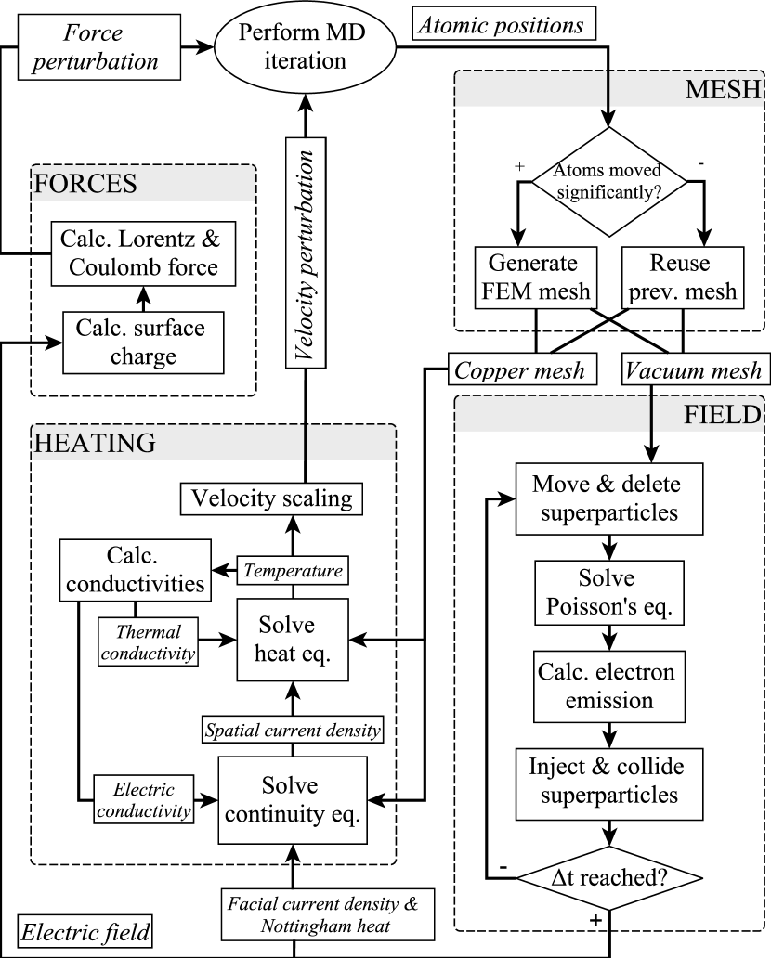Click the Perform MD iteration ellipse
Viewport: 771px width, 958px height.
[x=305, y=46]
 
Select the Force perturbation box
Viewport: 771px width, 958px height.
[x=99, y=47]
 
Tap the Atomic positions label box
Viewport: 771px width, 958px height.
[x=503, y=24]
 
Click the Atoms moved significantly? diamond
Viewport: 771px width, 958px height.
[x=608, y=181]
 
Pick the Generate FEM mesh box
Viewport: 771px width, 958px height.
[x=536, y=278]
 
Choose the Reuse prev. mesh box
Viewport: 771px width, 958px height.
[x=683, y=278]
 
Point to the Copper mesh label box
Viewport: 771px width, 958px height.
[x=522, y=369]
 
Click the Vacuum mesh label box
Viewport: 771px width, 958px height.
[x=694, y=369]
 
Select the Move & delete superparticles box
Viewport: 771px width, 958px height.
[x=609, y=498]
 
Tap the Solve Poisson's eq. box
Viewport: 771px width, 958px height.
[x=609, y=592]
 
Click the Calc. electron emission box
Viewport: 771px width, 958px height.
[x=609, y=686]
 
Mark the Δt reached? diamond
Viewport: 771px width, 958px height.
[x=609, y=878]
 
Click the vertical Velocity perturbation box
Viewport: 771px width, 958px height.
[x=306, y=252]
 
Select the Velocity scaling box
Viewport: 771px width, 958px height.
[x=271, y=498]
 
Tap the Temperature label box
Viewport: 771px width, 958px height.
[x=293, y=571]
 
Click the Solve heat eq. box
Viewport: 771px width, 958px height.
[x=293, y=640]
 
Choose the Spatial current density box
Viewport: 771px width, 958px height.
[x=293, y=731]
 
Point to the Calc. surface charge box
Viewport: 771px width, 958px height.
[x=143, y=343]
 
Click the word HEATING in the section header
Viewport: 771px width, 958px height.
[x=95, y=443]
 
